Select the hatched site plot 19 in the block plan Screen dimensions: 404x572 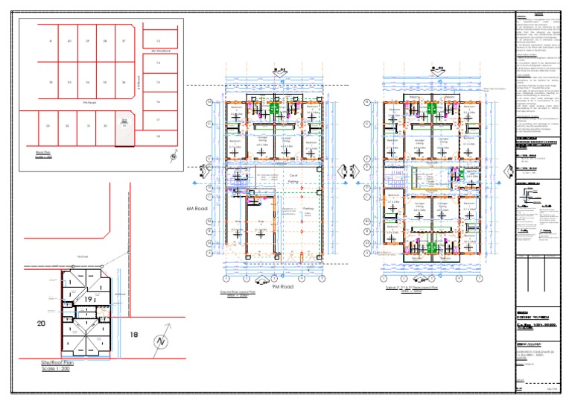(x=124, y=127)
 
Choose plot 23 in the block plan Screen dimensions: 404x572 (x=47, y=126)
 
